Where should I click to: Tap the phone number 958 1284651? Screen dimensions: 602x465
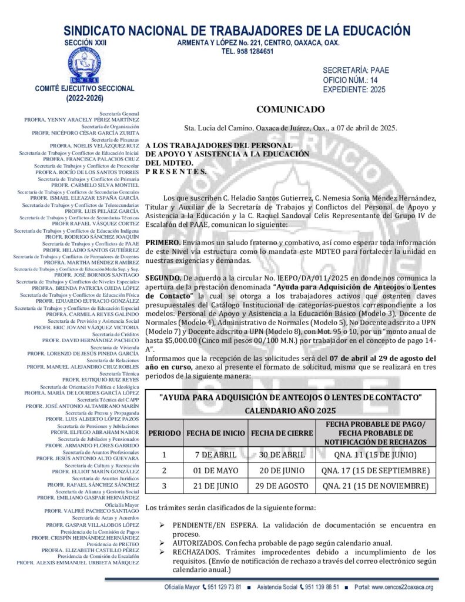247,52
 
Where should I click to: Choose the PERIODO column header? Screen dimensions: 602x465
164,433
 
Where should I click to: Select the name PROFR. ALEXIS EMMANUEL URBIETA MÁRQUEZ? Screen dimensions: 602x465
78,563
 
